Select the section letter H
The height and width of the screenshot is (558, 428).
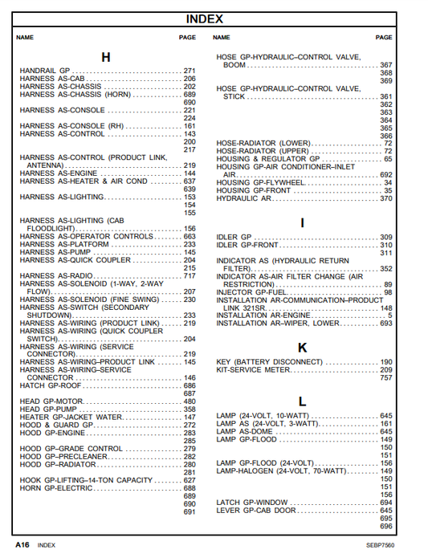point(105,57)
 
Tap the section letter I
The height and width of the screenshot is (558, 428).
point(302,223)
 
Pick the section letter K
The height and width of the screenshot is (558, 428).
point(302,348)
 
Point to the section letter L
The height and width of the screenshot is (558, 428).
point(302,401)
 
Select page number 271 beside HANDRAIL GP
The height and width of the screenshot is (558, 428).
point(190,71)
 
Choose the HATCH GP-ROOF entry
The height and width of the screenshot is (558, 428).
point(51,385)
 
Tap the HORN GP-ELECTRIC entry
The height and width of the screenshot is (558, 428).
point(56,488)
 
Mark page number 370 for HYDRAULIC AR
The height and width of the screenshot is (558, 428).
point(386,198)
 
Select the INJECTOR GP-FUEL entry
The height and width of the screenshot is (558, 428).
point(253,292)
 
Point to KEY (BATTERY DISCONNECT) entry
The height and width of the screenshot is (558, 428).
point(269,362)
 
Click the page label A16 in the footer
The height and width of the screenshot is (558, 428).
point(22,544)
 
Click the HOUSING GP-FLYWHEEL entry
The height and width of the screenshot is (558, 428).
point(260,183)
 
